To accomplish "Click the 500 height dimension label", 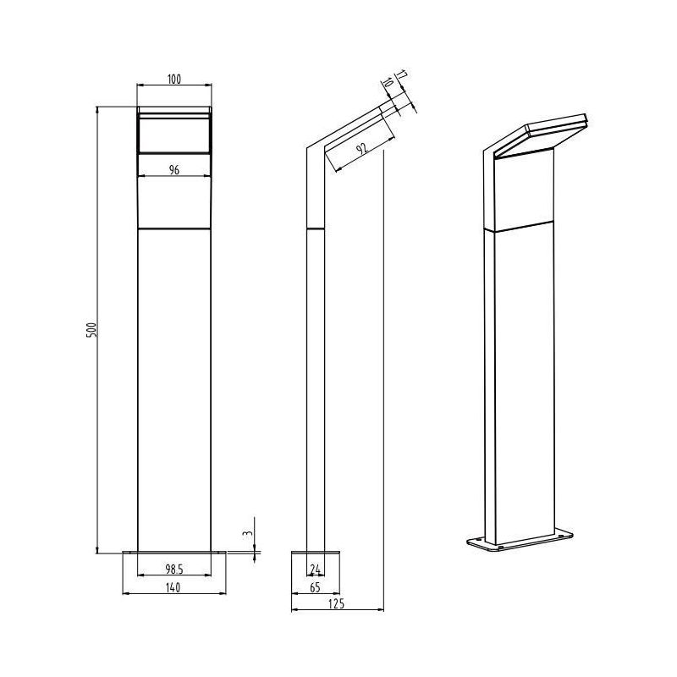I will (93, 329).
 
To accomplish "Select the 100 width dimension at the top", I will (174, 80).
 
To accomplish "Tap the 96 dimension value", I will (174, 169).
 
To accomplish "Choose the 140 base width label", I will (174, 586).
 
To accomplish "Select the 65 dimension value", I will (315, 586).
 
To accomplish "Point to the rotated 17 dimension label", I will (400, 79).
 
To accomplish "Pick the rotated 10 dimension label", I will (387, 85).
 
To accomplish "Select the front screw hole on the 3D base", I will (494, 546).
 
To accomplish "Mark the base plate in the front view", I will (174, 553).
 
